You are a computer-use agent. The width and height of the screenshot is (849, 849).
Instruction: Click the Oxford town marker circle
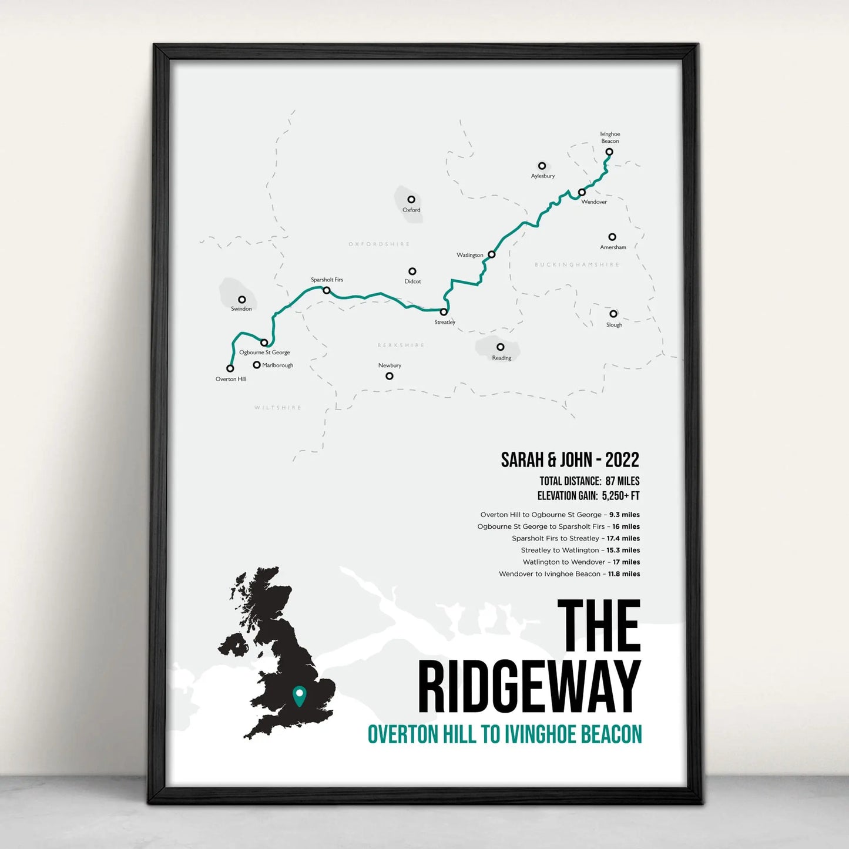pyautogui.click(x=411, y=200)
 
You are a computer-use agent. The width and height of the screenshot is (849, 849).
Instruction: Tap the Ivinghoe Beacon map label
pyautogui.click(x=610, y=137)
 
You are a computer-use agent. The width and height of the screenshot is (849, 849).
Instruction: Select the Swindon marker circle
pyautogui.click(x=241, y=300)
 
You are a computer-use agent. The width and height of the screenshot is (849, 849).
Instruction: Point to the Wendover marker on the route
pyautogui.click(x=582, y=192)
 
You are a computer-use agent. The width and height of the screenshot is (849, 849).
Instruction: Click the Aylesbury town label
pyautogui.click(x=543, y=176)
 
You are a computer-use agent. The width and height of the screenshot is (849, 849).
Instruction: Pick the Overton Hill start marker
pyautogui.click(x=230, y=368)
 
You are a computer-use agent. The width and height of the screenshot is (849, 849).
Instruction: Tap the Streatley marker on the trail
pyautogui.click(x=444, y=312)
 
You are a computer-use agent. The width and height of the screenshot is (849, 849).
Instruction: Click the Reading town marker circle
pyautogui.click(x=500, y=347)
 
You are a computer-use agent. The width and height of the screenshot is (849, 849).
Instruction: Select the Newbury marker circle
pyautogui.click(x=390, y=376)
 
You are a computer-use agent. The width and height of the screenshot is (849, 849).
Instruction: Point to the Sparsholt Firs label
pyautogui.click(x=327, y=280)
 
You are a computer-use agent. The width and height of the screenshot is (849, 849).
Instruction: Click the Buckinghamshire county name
pyautogui.click(x=576, y=265)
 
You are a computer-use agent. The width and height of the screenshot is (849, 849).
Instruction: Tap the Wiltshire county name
pyautogui.click(x=278, y=408)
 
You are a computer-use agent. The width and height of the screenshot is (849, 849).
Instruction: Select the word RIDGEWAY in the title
pyautogui.click(x=529, y=687)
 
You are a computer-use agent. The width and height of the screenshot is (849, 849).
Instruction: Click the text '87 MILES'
pyautogui.click(x=622, y=481)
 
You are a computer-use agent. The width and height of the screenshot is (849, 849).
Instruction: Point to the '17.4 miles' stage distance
pyautogui.click(x=623, y=538)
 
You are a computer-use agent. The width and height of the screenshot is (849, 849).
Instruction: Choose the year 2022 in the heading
pyautogui.click(x=622, y=459)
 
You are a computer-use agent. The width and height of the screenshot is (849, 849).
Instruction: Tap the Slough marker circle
pyautogui.click(x=613, y=314)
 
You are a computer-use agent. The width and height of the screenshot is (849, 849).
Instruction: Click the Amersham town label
pyautogui.click(x=613, y=247)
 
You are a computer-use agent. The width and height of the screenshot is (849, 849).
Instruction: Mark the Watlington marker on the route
pyautogui.click(x=492, y=254)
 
